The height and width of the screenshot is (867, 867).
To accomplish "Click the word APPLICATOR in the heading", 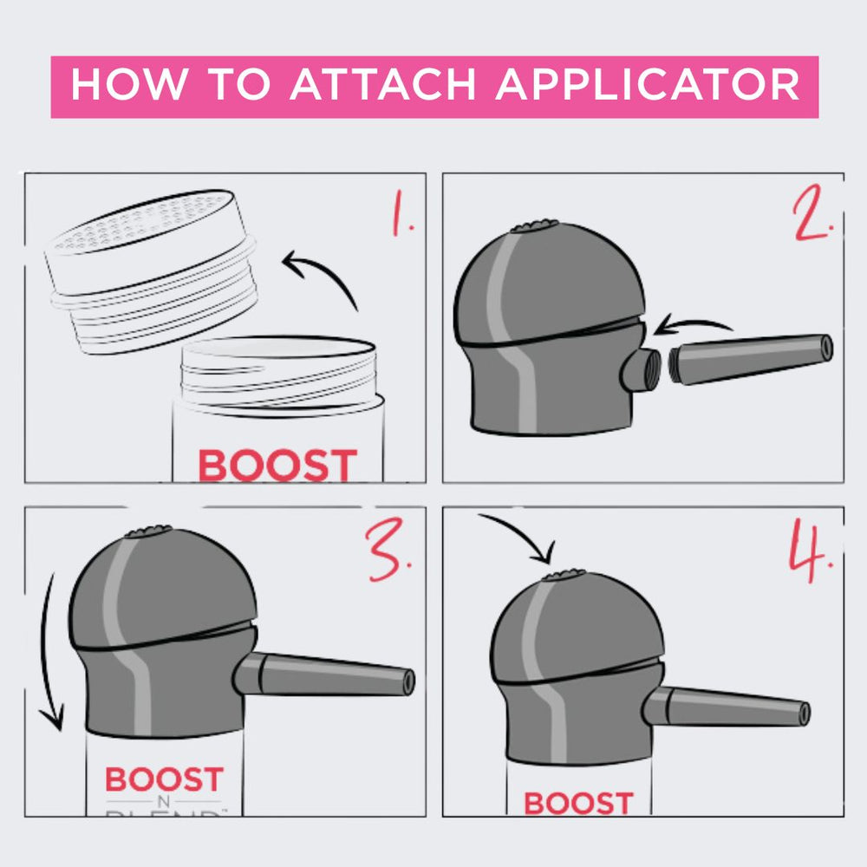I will click(649, 86).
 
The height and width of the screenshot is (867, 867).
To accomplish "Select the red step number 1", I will click(401, 216).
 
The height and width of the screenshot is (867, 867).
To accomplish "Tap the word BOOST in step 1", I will click(277, 466).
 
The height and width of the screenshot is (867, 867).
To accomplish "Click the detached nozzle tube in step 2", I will click(751, 355).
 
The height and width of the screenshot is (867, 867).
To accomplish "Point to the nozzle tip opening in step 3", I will click(408, 681).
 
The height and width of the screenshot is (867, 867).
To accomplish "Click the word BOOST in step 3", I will click(165, 779).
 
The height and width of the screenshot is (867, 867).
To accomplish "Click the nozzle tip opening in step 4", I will click(805, 714).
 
